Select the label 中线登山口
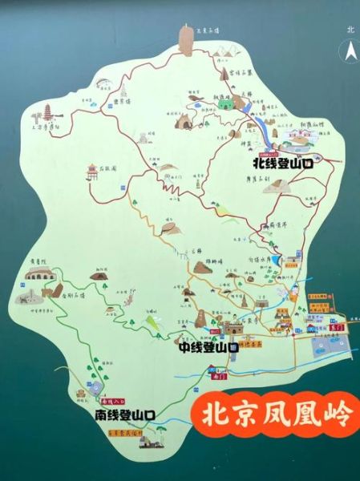pos(208,348)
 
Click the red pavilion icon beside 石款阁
pos(94,176)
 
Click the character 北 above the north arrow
pos(350,30)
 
